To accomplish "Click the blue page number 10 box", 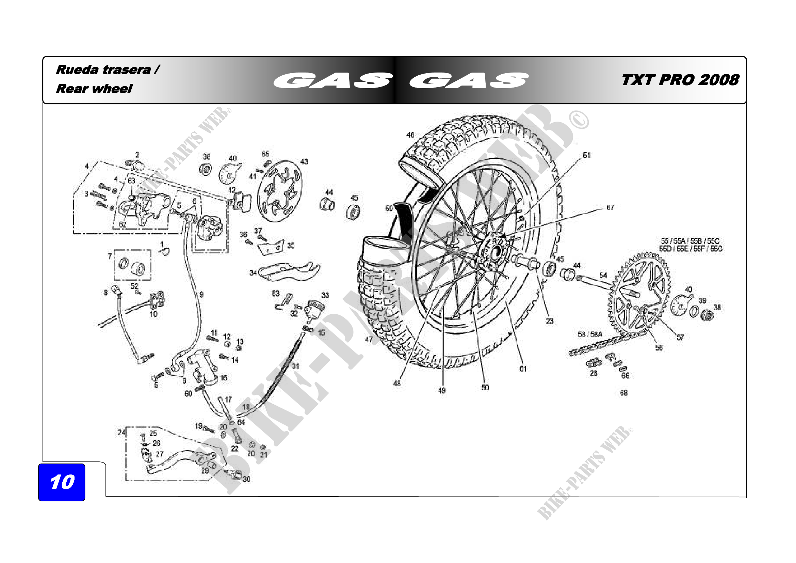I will coord(62,482).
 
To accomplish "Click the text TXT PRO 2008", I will coord(680,80).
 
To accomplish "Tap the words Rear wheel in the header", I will coord(94,89).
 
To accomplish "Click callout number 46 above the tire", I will coord(410,135).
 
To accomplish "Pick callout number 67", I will coord(610,207).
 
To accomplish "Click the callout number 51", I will coord(586,155).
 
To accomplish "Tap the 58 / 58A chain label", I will coord(590,334).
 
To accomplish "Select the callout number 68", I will coord(623,393).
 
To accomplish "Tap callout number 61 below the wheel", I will coord(523,369).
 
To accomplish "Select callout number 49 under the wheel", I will coord(441,390).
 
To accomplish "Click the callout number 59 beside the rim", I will coord(389,208).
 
